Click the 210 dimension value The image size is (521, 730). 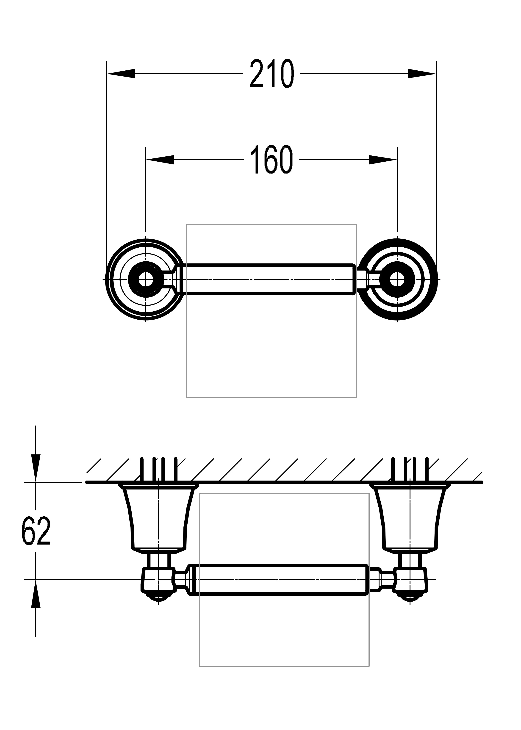pyautogui.click(x=272, y=74)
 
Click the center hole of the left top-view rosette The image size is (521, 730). pyautogui.click(x=146, y=279)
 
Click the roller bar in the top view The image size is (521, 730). pyautogui.click(x=269, y=279)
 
